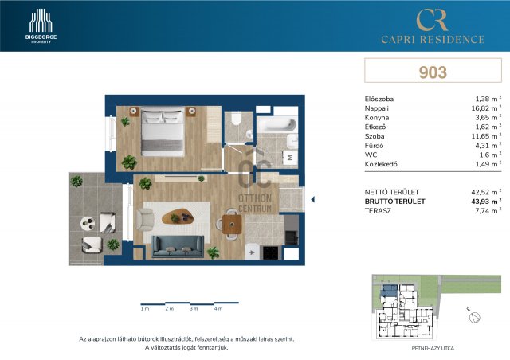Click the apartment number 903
tap(433, 72)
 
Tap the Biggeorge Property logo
tap(41, 26)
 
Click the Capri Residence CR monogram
tap(433, 19)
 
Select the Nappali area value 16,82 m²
tap(486, 108)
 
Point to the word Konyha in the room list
tap(377, 118)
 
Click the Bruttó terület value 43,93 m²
tap(486, 202)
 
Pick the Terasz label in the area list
tap(378, 211)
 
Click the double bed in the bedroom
tap(163, 131)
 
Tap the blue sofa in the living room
tap(178, 246)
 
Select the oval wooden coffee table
tap(178, 217)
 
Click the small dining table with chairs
tap(232, 225)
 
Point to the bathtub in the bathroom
tap(277, 125)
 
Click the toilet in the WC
tap(236, 119)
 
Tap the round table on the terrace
tap(88, 223)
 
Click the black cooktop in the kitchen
tap(271, 252)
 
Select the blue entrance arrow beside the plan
tap(313, 199)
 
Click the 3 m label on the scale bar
tap(194, 308)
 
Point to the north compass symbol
tap(474, 316)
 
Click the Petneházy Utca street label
tap(433, 348)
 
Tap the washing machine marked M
tap(290, 158)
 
